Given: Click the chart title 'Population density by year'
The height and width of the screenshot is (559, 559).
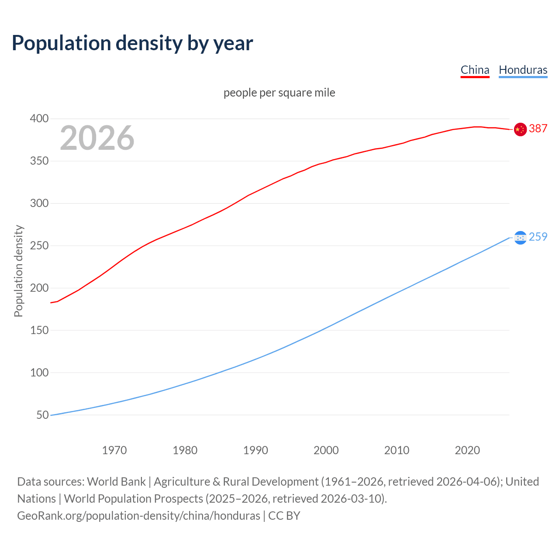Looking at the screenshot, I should tap(132, 43).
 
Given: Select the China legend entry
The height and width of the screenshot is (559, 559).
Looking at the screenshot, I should tap(475, 70).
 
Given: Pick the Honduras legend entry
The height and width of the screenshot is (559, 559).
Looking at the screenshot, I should tap(523, 70).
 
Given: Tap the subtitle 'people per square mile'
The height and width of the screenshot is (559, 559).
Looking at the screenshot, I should tap(279, 93).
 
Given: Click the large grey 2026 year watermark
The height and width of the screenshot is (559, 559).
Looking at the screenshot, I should tap(97, 138).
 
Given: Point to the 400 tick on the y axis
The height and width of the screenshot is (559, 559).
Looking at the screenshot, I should tap(39, 119).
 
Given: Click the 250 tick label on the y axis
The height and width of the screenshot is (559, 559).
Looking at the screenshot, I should tap(39, 246).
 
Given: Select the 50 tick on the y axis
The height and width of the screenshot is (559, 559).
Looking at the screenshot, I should tap(42, 415).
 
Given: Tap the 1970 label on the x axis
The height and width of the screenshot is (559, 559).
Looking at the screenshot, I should tap(114, 450).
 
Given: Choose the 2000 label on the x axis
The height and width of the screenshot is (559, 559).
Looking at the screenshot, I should tap(326, 450).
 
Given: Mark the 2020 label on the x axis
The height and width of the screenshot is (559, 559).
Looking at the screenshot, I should tap(467, 450).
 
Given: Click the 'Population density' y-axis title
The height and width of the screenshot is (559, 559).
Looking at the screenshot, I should tap(18, 271).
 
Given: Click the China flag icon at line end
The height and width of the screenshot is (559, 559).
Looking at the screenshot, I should tap(520, 129).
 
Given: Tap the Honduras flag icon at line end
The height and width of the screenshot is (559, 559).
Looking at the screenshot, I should tap(520, 238).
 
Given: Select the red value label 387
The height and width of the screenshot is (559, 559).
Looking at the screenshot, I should tap(538, 128).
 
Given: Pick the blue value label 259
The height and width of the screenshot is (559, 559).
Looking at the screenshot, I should tap(538, 237).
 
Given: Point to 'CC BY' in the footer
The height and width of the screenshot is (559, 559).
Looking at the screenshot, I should tap(284, 516).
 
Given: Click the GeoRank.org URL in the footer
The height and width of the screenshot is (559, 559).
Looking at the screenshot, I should tap(138, 516).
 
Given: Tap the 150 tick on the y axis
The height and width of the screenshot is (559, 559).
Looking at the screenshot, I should tap(39, 330).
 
